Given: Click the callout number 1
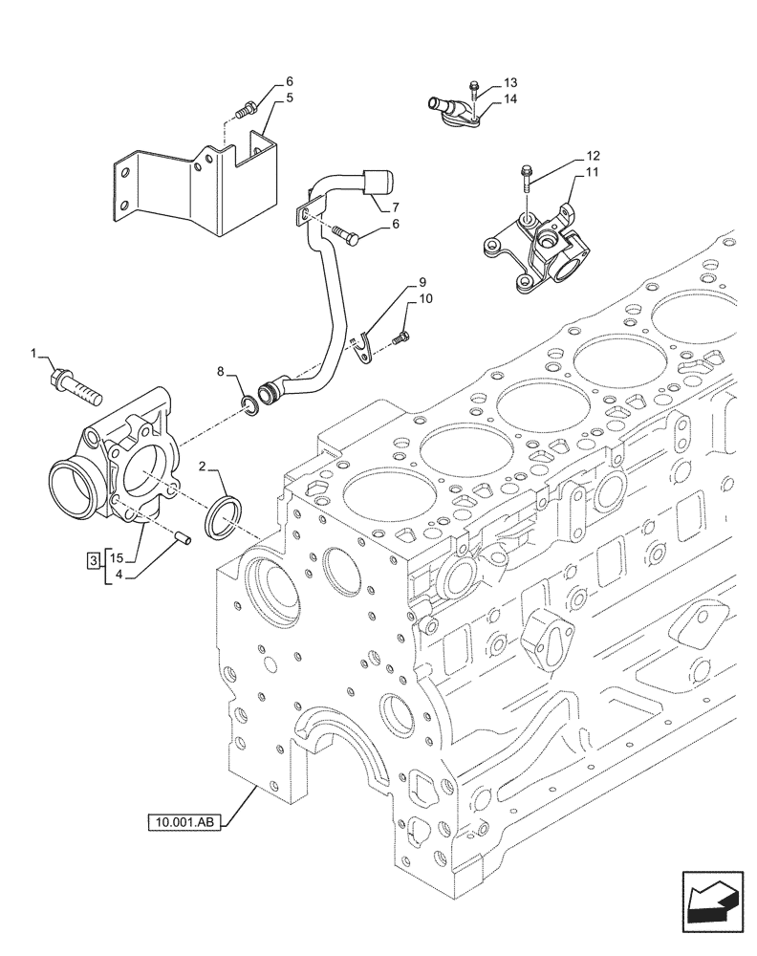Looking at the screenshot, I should click(34, 355).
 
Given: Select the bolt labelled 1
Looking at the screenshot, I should click(74, 385).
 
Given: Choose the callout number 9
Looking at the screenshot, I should click(422, 284).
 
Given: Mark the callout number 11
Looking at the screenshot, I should click(593, 172).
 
